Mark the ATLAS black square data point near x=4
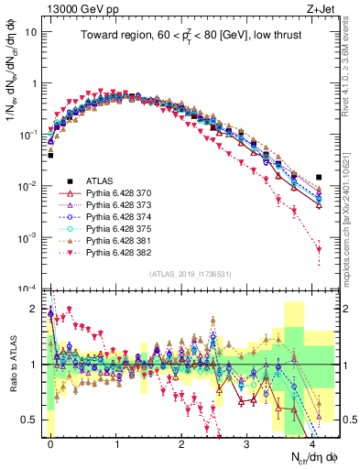(x=319, y=178)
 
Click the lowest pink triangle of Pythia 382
(x=319, y=249)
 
